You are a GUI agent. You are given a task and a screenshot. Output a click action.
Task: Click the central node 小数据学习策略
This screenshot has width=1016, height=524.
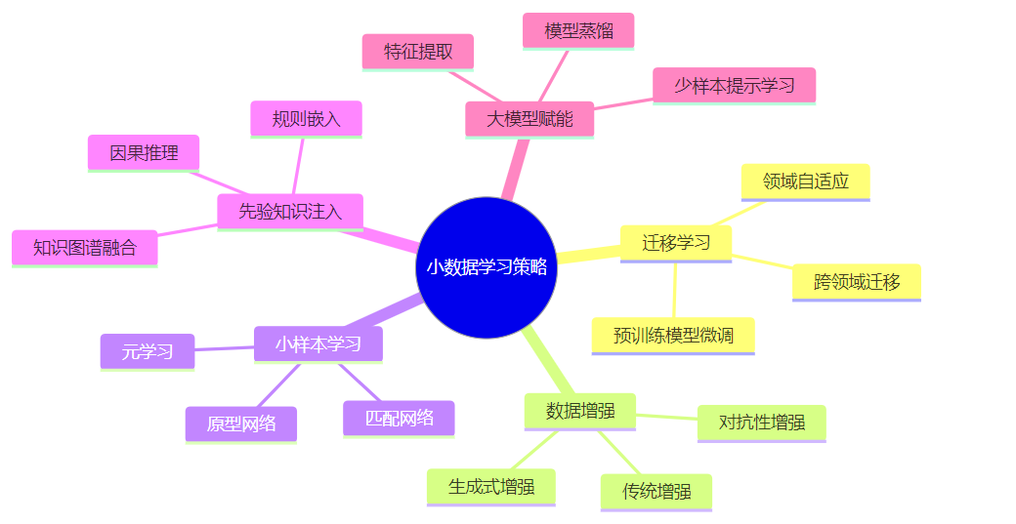click(487, 267)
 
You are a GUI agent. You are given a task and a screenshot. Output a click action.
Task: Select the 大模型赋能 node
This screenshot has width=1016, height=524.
click(529, 120)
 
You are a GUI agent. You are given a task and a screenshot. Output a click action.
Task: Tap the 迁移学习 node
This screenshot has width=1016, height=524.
click(676, 243)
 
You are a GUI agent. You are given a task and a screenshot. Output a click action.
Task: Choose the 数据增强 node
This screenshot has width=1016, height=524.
click(580, 411)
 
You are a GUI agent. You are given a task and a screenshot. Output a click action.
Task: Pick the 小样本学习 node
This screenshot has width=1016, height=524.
click(318, 343)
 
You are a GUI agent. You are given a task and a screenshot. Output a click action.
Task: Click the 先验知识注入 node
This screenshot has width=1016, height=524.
click(290, 212)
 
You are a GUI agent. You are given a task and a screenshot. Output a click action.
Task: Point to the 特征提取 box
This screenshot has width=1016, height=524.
click(418, 52)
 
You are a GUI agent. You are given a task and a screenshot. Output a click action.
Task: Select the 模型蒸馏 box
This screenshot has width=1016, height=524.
click(578, 30)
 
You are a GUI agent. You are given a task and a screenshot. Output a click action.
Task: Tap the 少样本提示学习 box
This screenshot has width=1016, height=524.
click(734, 85)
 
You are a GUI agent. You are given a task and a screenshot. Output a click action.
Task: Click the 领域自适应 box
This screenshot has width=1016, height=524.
click(805, 181)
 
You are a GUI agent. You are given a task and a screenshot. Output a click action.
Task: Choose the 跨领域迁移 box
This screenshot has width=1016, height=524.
click(857, 282)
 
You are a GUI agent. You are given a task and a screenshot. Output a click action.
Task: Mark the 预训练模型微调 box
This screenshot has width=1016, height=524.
click(673, 336)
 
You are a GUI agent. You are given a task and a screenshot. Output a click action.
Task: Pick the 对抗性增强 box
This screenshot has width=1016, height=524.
click(762, 423)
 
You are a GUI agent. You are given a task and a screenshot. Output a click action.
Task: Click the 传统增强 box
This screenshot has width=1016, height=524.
click(656, 491)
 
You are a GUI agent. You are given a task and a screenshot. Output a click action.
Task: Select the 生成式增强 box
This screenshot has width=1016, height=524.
click(491, 486)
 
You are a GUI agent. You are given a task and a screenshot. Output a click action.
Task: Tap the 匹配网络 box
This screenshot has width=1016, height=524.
click(399, 418)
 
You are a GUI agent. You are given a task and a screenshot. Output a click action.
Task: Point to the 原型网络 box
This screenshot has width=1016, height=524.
click(241, 423)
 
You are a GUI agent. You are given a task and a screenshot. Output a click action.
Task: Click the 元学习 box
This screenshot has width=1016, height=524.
click(148, 351)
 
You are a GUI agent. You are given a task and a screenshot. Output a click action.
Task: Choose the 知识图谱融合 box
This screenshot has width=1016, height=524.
click(85, 248)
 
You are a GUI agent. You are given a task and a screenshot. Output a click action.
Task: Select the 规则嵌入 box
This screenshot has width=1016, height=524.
click(307, 119)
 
